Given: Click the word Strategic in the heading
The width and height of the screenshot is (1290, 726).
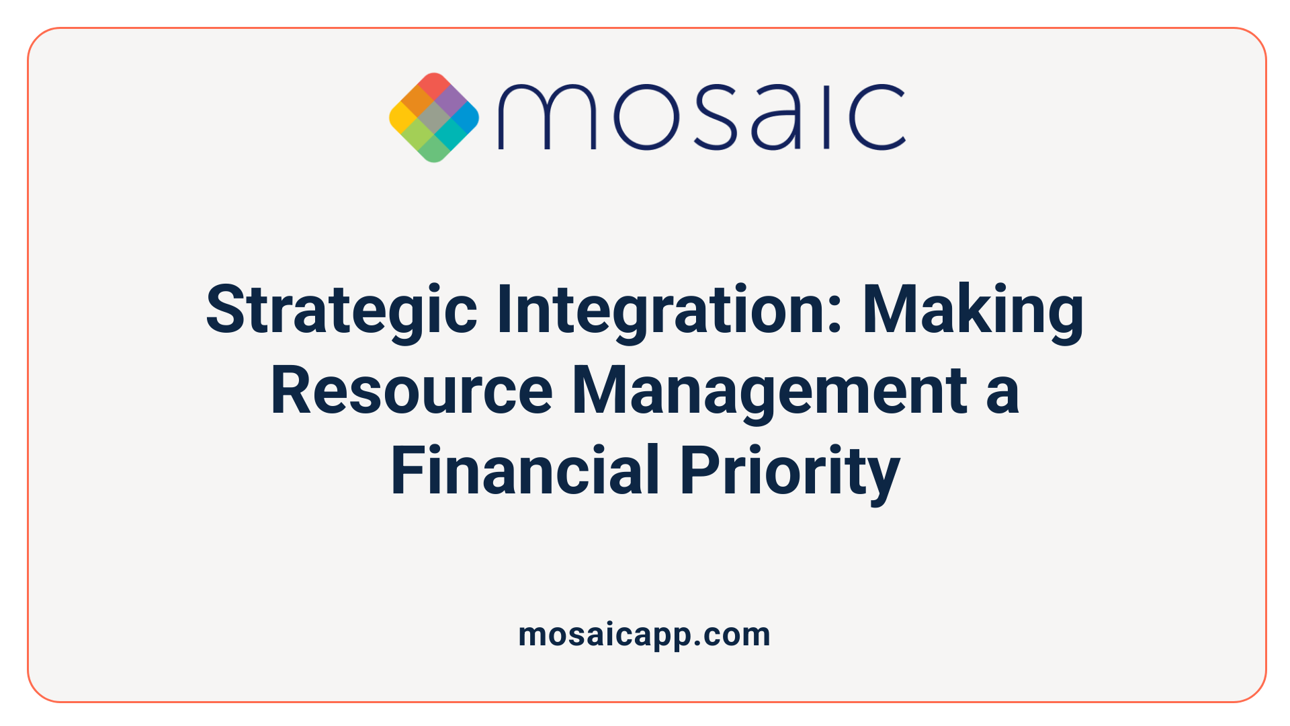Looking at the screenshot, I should click(341, 310).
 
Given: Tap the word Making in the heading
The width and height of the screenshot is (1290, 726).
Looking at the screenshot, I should click(973, 310).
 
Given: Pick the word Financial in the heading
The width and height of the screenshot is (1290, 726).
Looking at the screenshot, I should click(525, 471).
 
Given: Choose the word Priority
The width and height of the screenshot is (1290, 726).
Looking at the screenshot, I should click(789, 471).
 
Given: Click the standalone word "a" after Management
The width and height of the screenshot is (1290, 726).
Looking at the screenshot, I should click(1002, 392).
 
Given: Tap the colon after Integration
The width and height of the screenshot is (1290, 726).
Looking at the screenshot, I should click(835, 316).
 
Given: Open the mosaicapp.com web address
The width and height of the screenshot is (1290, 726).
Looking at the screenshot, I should click(644, 635).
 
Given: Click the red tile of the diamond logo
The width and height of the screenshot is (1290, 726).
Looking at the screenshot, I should click(434, 85).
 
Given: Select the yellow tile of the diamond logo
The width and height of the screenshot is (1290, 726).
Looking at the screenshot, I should click(402, 118).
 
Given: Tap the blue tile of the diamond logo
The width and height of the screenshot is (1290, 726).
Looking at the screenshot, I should click(466, 118).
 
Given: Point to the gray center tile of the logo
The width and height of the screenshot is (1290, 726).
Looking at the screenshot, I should click(434, 118).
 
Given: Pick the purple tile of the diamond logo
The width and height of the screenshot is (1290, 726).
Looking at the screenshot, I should click(450, 102).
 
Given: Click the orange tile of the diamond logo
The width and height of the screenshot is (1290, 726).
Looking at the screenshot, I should click(418, 102).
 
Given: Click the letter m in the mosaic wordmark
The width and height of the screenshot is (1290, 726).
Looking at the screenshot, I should click(546, 117).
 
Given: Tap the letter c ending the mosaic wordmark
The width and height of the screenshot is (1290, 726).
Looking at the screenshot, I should click(877, 117).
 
